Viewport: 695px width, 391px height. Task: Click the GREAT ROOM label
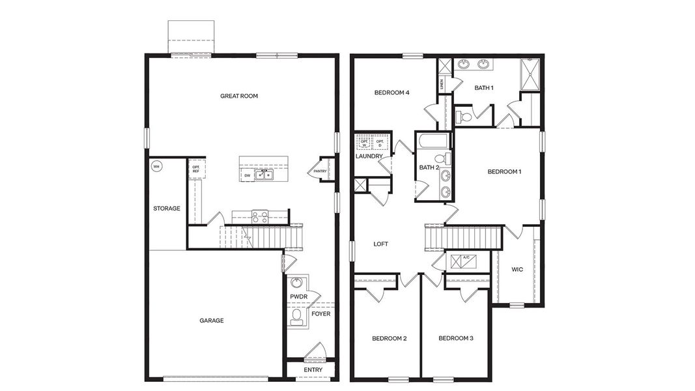(239, 96)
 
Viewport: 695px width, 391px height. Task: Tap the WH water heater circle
(156, 167)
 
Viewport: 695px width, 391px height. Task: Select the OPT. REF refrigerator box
(195, 169)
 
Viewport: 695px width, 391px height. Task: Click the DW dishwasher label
(248, 175)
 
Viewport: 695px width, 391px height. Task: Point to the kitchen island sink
(264, 175)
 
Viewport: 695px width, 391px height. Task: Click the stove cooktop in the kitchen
(260, 217)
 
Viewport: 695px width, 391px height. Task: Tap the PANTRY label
(320, 171)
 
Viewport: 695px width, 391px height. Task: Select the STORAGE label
(167, 209)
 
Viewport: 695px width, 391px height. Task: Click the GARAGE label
(212, 320)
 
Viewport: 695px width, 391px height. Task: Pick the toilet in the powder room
(297, 317)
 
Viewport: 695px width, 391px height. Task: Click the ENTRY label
(313, 370)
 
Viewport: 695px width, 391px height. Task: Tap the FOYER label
(320, 313)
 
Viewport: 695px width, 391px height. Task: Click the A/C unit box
(466, 259)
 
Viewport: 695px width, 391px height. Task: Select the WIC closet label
(517, 269)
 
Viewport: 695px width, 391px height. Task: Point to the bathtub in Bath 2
(433, 141)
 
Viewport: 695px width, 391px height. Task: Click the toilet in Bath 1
(463, 117)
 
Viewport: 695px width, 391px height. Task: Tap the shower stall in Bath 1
(530, 74)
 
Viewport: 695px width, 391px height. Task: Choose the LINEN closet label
(442, 83)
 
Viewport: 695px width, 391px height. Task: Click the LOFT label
(381, 244)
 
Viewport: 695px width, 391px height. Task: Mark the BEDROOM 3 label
(455, 338)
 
